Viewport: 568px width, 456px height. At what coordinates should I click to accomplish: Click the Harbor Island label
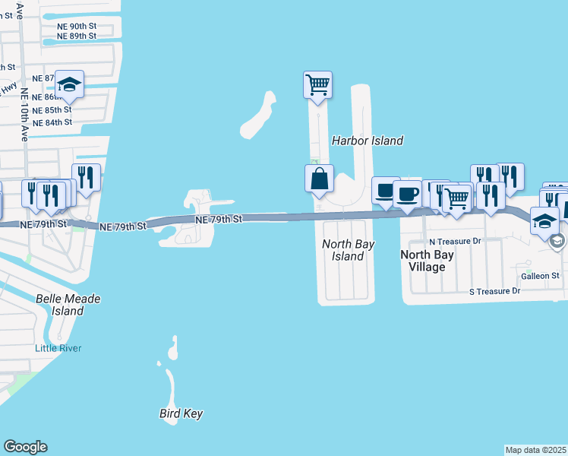pyautogui.click(x=368, y=141)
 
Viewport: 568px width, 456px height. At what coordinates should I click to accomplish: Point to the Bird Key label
pyautogui.click(x=181, y=414)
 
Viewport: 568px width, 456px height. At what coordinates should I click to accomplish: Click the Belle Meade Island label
pyautogui.click(x=68, y=305)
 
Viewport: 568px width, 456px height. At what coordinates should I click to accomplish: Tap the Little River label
pyautogui.click(x=58, y=348)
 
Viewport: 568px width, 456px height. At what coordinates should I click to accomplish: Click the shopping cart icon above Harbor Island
pyautogui.click(x=317, y=84)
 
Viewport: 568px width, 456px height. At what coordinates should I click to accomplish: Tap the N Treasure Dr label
pyautogui.click(x=456, y=241)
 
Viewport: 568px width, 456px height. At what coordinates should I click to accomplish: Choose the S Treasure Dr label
pyautogui.click(x=494, y=291)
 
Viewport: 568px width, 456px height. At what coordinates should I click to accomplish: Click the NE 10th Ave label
pyautogui.click(x=24, y=115)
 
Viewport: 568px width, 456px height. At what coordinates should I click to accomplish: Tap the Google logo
pyautogui.click(x=25, y=447)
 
